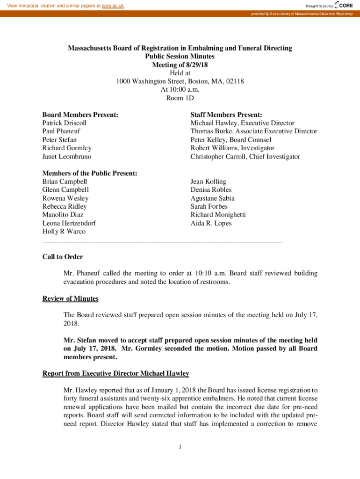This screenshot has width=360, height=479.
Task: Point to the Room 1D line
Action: (180, 98)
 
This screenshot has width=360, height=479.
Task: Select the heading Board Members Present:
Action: (80, 115)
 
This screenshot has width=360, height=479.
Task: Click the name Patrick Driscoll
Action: (65, 123)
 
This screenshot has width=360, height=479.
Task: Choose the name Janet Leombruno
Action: (67, 157)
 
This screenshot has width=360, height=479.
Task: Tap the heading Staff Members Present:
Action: (226, 115)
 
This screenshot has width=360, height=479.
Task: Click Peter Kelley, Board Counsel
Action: (231, 140)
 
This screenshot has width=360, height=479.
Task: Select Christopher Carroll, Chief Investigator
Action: (245, 157)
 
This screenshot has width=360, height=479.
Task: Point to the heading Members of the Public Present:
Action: (90, 174)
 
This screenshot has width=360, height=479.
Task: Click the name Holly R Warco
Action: (64, 232)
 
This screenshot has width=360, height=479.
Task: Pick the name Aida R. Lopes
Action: (211, 223)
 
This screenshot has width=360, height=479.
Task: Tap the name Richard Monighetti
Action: (218, 215)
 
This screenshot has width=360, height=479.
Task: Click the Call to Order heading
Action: (63, 257)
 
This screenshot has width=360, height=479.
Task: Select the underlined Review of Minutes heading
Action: (70, 298)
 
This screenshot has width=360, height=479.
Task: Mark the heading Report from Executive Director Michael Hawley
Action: (116, 373)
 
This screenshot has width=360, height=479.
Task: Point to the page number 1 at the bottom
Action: (180, 447)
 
